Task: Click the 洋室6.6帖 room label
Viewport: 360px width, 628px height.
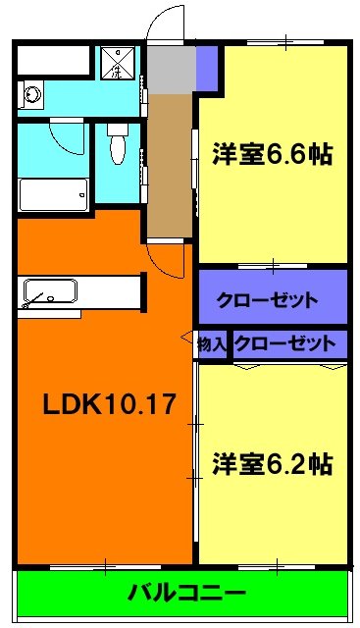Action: coord(272,153)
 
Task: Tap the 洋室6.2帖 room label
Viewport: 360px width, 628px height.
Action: coord(272,463)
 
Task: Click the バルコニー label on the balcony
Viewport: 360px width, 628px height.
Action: coord(185,593)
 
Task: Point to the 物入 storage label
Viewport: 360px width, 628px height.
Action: coord(211,344)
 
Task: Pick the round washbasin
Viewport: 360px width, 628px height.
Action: coord(32,95)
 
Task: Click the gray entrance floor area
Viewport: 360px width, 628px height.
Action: coord(171,69)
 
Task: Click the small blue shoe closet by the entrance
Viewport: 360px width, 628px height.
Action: coord(205,68)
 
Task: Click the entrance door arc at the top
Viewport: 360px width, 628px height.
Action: coord(165,25)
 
